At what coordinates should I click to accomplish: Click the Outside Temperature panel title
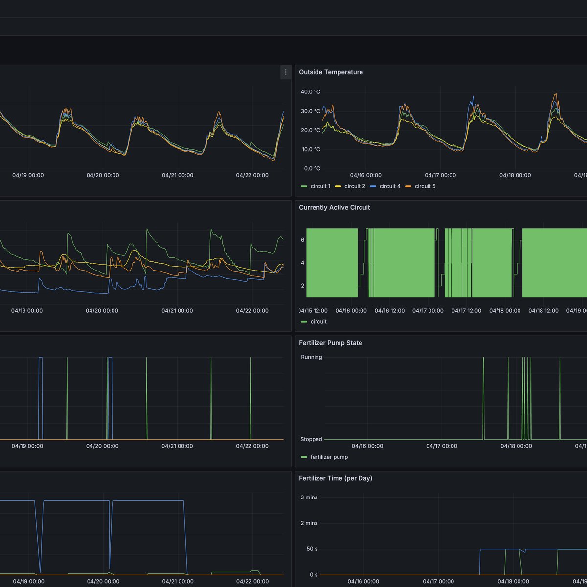coord(331,72)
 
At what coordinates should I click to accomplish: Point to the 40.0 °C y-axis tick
coord(310,92)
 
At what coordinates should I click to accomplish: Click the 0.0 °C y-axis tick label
coord(312,169)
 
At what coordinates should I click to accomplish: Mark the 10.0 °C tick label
coord(310,150)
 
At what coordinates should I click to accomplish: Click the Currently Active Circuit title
coord(334,208)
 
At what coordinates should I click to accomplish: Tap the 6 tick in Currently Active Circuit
coord(303,240)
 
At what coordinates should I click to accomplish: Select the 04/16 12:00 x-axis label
coord(389,311)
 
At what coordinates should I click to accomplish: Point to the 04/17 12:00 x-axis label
coord(466,311)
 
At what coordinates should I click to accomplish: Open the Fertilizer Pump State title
coord(330,343)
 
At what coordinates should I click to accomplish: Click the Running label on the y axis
coord(311,357)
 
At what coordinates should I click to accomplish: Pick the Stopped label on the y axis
coord(311,439)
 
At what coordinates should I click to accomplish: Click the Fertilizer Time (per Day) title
coord(335,479)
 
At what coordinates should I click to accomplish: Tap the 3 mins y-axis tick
coord(309,497)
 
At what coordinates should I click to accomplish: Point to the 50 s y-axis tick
coord(312,549)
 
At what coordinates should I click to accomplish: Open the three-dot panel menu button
coord(286,72)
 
